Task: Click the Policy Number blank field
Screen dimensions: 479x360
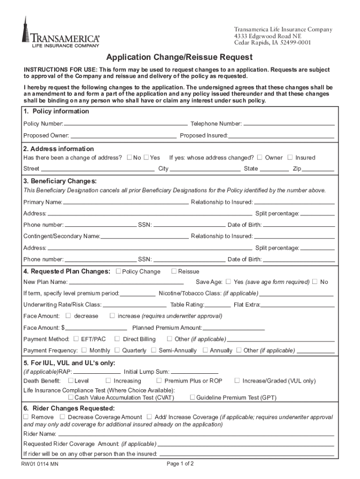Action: coord(125,124)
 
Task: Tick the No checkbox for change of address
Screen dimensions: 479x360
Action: coord(130,157)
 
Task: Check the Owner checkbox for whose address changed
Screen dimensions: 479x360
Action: coord(260,157)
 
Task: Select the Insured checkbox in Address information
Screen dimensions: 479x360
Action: coord(290,157)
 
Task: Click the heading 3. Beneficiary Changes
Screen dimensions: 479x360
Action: coord(60,181)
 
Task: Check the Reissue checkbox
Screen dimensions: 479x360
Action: coord(174,271)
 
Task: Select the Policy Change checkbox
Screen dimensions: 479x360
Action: coord(118,271)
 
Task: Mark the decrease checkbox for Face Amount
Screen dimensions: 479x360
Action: coord(69,316)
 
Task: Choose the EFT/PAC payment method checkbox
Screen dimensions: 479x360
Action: coord(75,339)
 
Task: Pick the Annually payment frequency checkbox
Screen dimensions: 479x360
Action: coord(205,350)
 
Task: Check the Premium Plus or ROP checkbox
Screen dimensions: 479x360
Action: coord(159,380)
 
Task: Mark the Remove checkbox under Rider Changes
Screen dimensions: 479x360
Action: coord(26,416)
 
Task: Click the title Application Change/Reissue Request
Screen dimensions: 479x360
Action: coord(179,58)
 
